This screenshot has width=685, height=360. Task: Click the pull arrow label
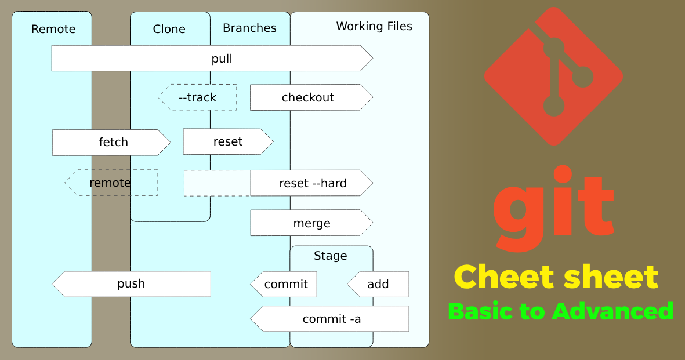222,59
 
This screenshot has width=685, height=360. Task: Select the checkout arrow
309,97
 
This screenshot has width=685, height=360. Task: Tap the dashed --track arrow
198,97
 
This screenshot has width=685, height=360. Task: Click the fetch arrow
113,142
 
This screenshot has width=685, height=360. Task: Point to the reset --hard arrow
312,183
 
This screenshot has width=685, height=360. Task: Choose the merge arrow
311,223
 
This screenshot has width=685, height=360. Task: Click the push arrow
131,283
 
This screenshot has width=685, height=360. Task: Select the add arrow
378,284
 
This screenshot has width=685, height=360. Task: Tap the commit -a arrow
332,319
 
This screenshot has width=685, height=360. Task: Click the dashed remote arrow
110,183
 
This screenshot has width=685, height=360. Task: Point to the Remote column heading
53,29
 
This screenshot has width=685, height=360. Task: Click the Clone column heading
169,29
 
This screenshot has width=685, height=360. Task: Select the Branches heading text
249,28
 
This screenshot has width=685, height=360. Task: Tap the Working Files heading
374,26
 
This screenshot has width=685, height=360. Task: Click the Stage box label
330,256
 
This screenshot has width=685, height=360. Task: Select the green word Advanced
612,311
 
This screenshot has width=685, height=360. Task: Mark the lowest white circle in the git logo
554,106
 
